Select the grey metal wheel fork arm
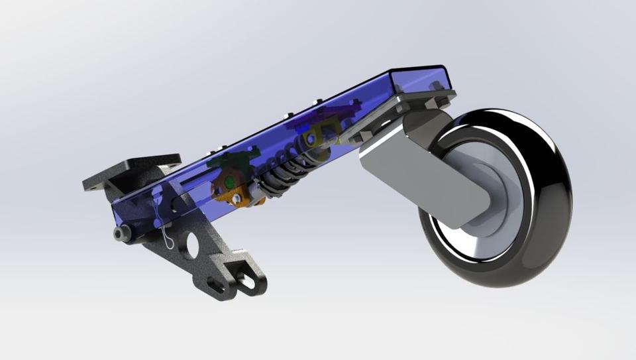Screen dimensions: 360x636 click(x=424, y=172)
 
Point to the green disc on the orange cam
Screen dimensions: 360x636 click(x=229, y=180)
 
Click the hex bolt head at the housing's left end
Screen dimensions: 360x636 click(x=121, y=233)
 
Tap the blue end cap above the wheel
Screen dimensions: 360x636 click(x=421, y=79)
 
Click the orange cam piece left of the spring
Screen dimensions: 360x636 click(x=229, y=192)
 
